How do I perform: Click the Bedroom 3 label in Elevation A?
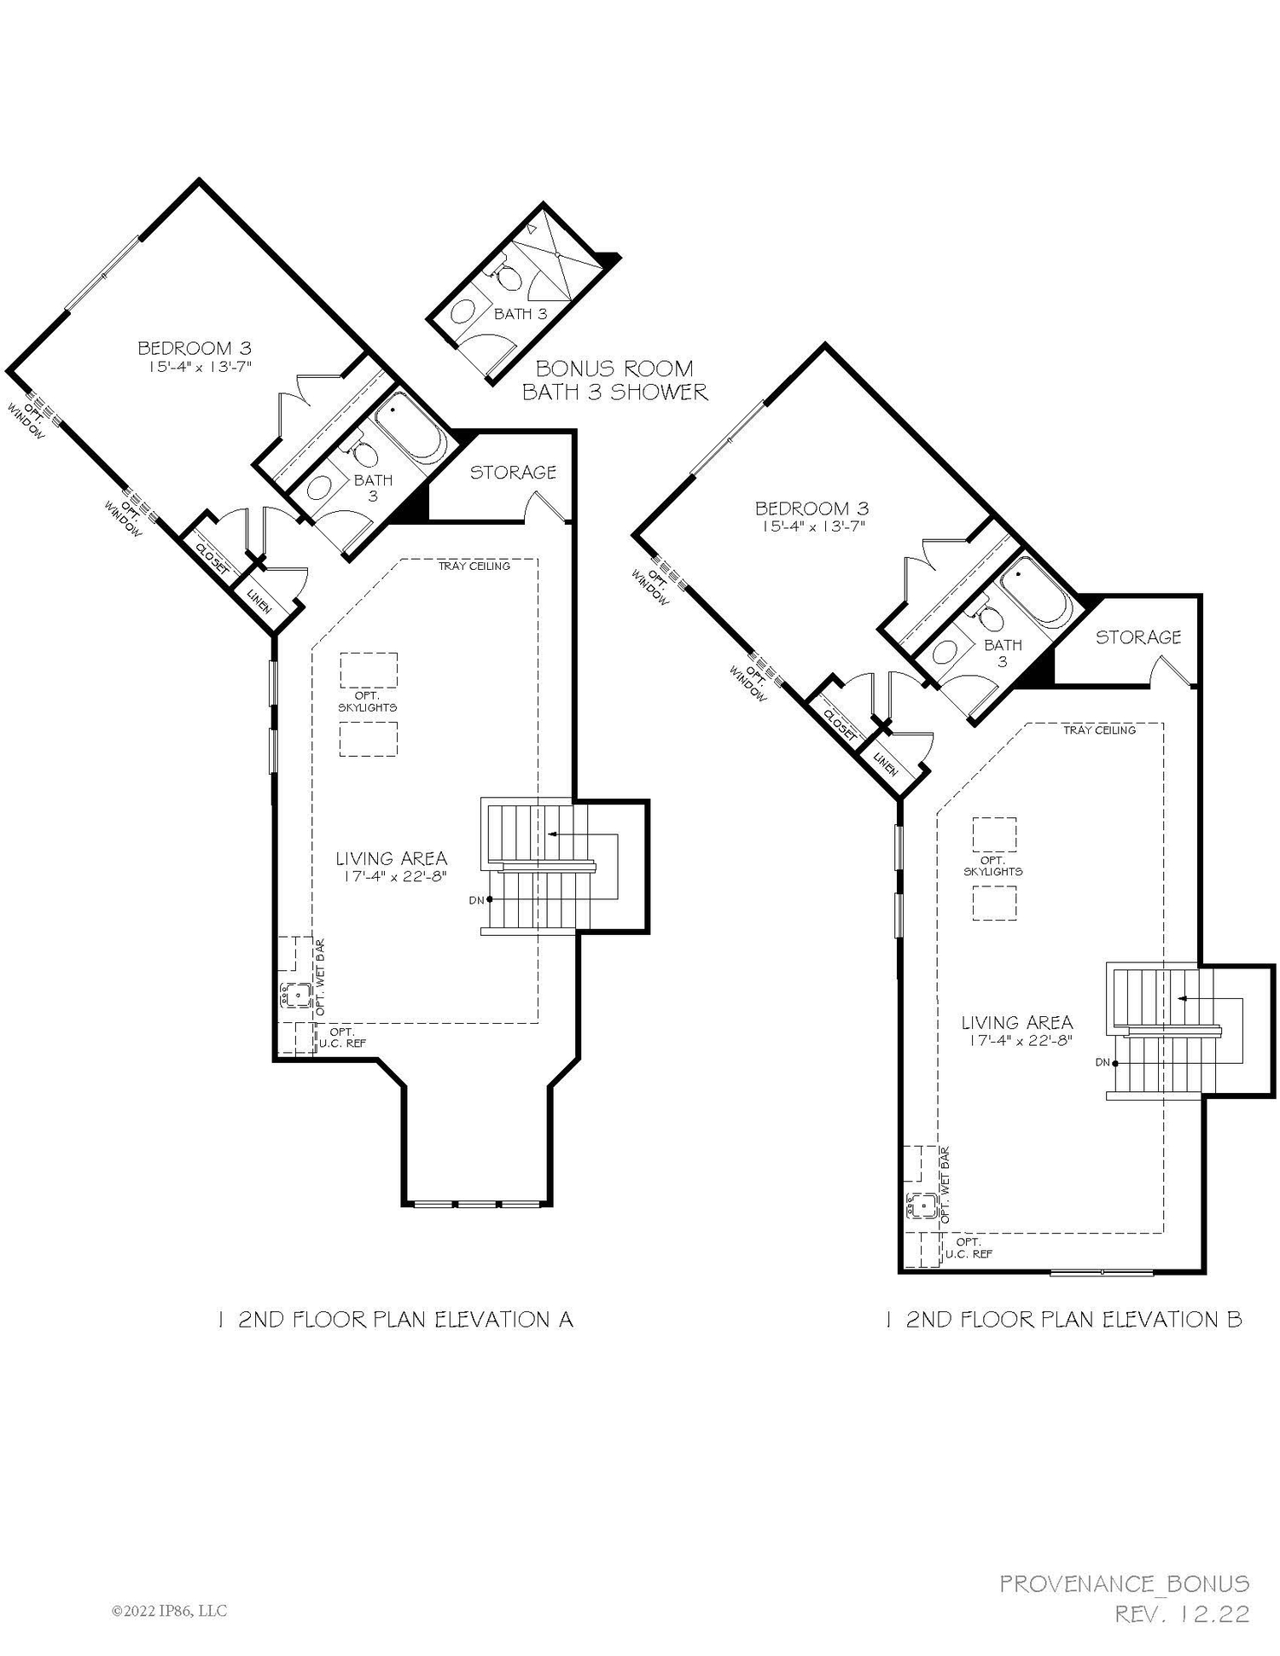[195, 348]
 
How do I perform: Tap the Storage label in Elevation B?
[1138, 637]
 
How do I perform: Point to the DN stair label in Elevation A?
[475, 900]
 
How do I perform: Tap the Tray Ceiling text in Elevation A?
[474, 566]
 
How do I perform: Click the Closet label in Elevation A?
[212, 559]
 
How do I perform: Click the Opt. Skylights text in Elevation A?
[368, 701]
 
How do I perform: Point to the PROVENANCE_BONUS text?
[1125, 1584]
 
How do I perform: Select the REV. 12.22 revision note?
[1183, 1614]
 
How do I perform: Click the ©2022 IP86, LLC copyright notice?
[169, 1611]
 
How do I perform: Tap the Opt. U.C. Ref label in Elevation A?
[342, 1037]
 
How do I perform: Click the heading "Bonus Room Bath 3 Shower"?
[614, 381]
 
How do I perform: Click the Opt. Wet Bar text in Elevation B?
[945, 1186]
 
